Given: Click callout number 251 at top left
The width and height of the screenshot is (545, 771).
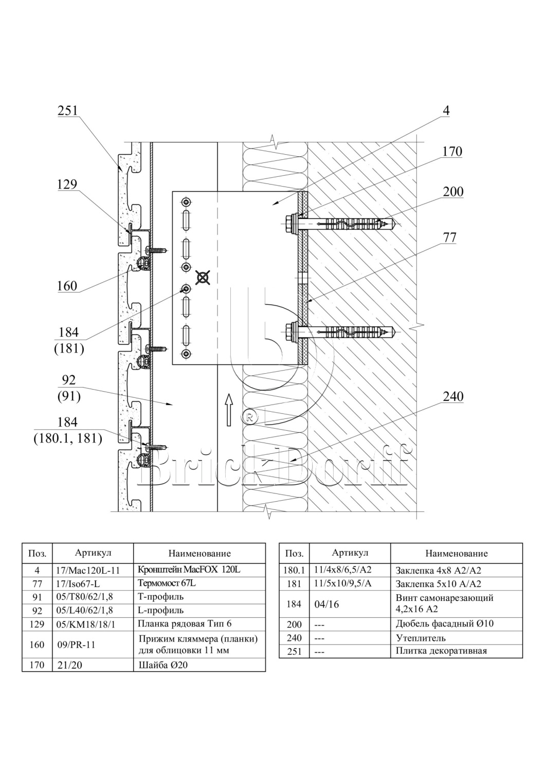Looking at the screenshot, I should pyautogui.click(x=67, y=111).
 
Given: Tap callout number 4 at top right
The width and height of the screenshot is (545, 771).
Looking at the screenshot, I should pyautogui.click(x=446, y=111).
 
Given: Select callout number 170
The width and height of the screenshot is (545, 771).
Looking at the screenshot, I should pyautogui.click(x=452, y=152).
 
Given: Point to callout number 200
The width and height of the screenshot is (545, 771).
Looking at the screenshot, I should pyautogui.click(x=453, y=192).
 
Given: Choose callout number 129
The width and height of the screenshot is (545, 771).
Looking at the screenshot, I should pyautogui.click(x=67, y=185).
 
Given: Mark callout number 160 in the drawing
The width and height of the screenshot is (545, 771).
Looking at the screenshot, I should pyautogui.click(x=67, y=286).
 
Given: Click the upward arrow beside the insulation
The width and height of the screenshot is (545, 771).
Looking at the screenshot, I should pyautogui.click(x=229, y=408).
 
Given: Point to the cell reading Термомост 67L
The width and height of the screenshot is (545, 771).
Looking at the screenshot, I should pyautogui.click(x=167, y=583).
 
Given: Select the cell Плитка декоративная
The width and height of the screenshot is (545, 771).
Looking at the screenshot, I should pyautogui.click(x=441, y=651).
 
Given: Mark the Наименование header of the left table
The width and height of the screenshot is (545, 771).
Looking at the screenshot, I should pyautogui.click(x=199, y=554).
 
